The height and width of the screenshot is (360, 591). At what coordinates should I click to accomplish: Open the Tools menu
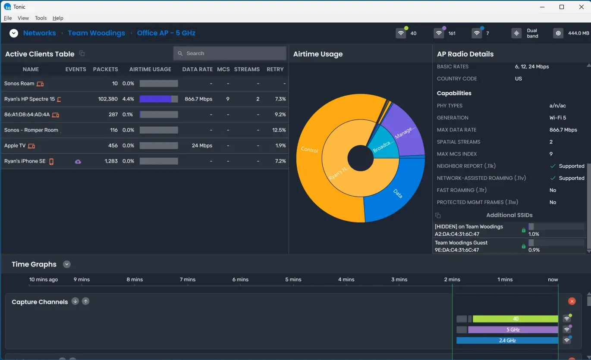point(41,18)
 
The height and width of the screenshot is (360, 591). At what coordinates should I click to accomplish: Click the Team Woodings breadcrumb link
point(96,33)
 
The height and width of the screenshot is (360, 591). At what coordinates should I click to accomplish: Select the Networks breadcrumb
point(39,33)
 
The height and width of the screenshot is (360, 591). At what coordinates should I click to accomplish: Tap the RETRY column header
point(275,69)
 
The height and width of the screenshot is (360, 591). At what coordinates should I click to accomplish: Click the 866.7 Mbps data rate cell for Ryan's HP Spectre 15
point(198,99)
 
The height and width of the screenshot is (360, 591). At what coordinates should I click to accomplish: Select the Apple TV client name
point(15,146)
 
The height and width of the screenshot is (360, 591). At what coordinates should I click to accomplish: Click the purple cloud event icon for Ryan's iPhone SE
point(78,162)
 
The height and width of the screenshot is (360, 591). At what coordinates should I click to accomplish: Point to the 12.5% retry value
point(279,130)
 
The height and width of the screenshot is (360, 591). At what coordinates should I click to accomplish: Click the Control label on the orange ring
point(309,150)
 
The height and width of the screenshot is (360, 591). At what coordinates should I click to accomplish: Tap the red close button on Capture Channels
point(572,301)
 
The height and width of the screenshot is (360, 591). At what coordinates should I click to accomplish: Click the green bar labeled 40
point(515,319)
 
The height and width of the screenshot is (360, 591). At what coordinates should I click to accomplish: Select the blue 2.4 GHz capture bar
point(507,341)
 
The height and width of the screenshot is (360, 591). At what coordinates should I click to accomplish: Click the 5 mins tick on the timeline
point(293,279)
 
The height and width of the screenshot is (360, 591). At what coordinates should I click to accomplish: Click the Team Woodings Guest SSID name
point(461,243)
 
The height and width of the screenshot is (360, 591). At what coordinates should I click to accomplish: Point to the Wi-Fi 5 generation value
point(557,118)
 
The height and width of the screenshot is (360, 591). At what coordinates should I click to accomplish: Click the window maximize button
point(561,7)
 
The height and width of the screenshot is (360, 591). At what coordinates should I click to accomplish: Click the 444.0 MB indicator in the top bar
point(578,33)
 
